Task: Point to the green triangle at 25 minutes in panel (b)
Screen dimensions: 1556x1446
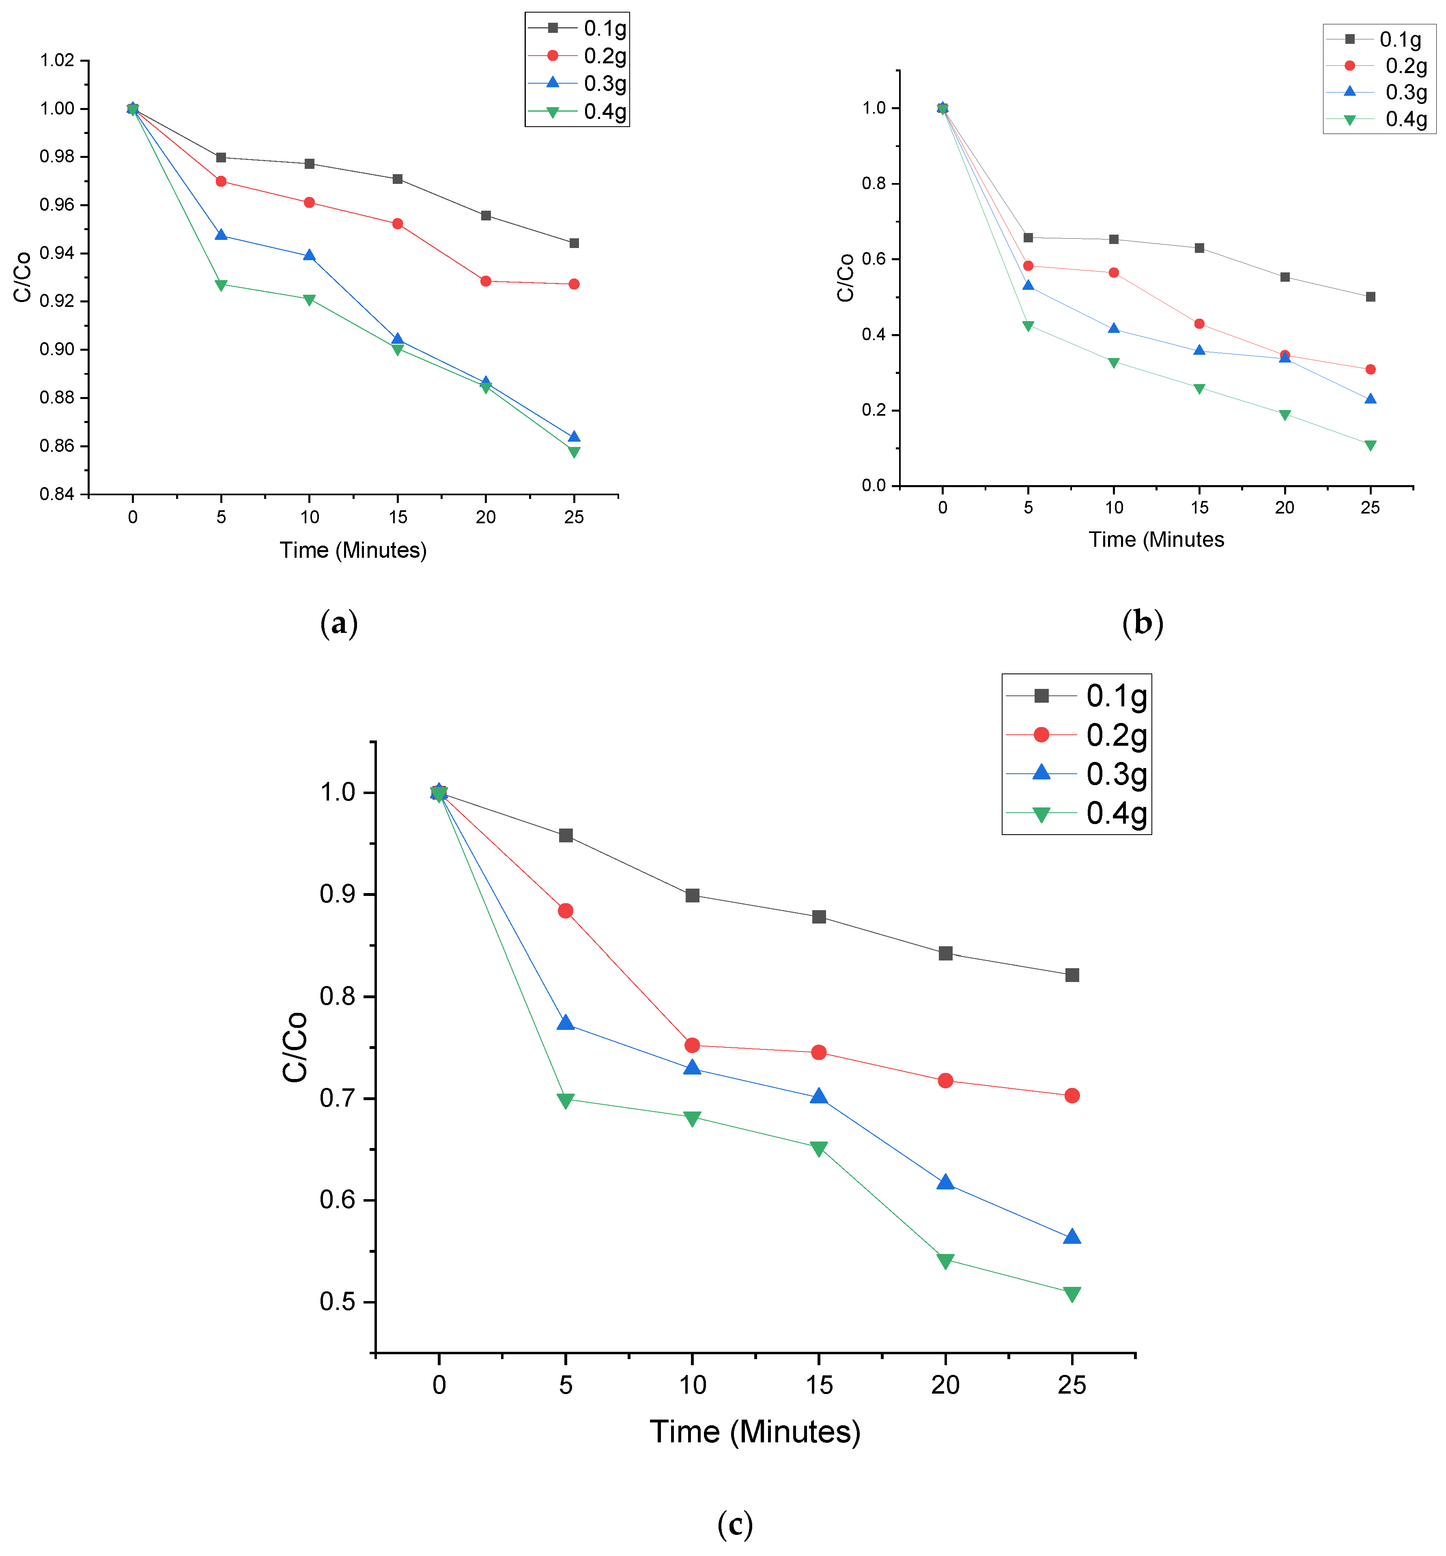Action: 1370,445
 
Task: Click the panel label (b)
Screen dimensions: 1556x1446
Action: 1143,623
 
